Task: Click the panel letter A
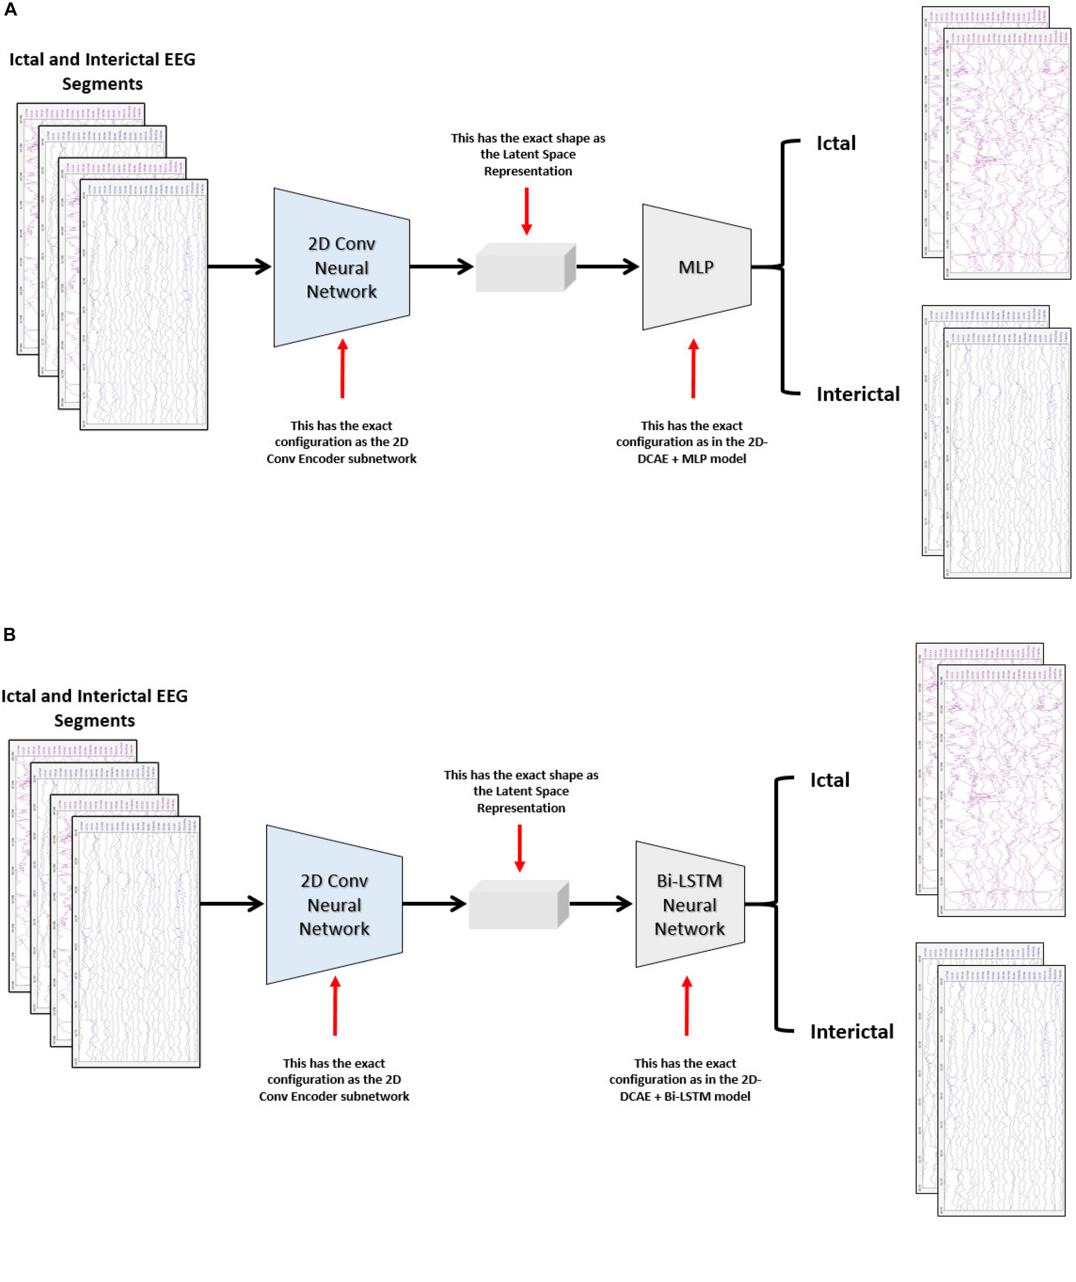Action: (10, 10)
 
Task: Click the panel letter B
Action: (9, 634)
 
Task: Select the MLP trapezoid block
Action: (696, 267)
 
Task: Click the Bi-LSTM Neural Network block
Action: (689, 904)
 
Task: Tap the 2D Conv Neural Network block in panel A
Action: (342, 267)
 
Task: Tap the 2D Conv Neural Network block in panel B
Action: (334, 904)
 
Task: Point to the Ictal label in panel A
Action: (835, 144)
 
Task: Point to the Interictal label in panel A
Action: (858, 394)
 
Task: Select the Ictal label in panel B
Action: (829, 780)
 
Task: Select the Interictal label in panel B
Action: (851, 1032)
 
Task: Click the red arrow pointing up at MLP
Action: (693, 369)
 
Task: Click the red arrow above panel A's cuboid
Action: (526, 211)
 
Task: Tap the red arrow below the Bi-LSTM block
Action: (686, 1006)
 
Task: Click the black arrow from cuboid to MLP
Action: (607, 267)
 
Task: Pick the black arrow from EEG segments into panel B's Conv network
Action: (231, 904)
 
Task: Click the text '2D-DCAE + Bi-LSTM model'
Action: (685, 1096)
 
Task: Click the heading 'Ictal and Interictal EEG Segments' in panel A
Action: (102, 71)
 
